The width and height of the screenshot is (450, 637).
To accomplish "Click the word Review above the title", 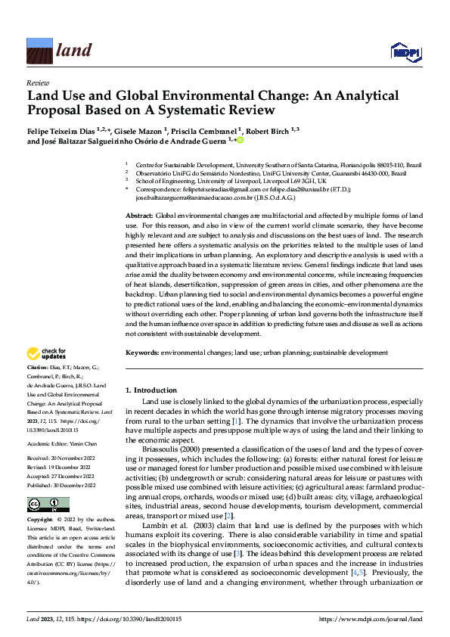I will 37,82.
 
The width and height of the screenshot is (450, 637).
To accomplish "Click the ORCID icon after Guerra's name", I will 241,140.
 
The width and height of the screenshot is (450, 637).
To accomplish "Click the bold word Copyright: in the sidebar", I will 42,521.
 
